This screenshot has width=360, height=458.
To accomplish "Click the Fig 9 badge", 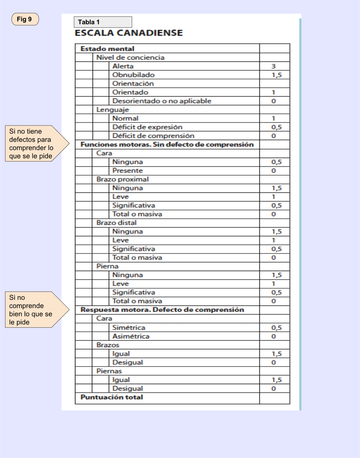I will point(25,19).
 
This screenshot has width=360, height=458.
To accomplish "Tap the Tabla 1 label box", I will point(103,22).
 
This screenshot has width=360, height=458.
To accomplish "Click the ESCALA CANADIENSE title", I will point(128,33).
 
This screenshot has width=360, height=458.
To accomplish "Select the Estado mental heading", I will point(107,49).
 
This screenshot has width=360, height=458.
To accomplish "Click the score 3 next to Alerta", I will point(273,66).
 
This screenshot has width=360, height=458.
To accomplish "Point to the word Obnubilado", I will point(133,75).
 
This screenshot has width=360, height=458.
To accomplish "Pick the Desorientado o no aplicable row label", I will point(162,101).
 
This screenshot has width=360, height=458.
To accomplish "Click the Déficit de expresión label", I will point(147,127).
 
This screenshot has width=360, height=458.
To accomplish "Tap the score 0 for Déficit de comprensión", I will point(273,136).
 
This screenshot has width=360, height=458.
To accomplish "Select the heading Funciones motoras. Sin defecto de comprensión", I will point(167,144).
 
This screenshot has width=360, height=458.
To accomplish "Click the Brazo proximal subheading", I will point(122,179).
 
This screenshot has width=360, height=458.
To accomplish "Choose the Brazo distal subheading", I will point(116,223).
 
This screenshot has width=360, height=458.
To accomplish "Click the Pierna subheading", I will point(107,266).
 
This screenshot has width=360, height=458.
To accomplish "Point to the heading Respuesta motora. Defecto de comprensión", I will point(162,310).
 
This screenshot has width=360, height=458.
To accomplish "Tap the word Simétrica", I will point(128,327).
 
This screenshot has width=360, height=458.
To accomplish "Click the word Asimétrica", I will point(131,336).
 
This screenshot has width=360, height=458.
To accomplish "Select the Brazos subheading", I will point(108,345).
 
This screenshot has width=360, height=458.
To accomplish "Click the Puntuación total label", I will point(112,397).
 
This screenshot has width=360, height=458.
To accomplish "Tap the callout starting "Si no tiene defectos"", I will point(33,144).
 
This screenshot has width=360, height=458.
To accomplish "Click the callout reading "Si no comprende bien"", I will point(33,309).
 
